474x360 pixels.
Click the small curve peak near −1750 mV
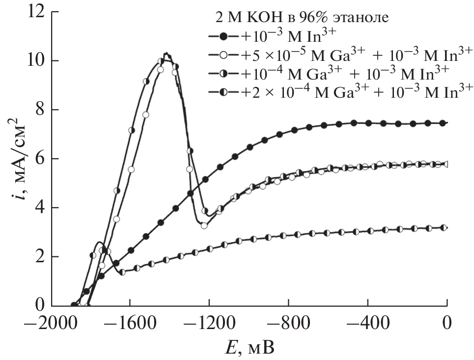click(x=100, y=242)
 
